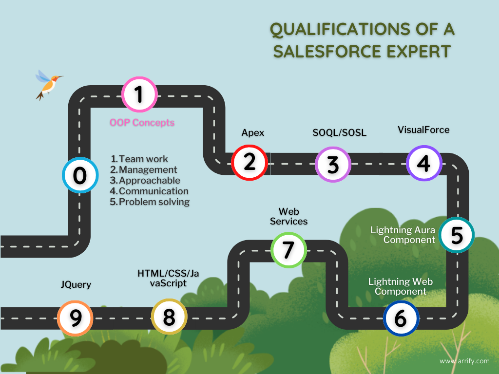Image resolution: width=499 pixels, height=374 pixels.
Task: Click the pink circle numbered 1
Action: pos(139,94)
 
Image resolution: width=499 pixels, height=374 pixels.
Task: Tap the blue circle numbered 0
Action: pos(80,175)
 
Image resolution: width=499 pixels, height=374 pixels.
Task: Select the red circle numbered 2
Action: pos(249,162)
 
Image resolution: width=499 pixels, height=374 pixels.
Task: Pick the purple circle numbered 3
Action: pos(333,164)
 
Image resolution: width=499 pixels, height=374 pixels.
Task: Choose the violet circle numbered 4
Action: pos(424,163)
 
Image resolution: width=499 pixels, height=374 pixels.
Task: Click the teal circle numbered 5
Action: pos(457,235)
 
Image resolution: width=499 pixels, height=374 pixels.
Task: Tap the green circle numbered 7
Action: pos(288,250)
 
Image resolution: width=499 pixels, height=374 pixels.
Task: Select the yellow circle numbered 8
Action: pos(169,317)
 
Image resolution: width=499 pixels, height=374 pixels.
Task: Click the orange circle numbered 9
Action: pos(76,318)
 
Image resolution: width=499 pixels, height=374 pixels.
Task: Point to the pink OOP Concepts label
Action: pos(142,122)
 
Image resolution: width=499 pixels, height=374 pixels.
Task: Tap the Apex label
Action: pos(253,132)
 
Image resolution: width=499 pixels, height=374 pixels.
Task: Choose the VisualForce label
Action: pos(423,130)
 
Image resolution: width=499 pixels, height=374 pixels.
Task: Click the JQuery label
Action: pos(76,284)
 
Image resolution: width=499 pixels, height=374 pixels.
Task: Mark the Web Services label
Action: pos(289,216)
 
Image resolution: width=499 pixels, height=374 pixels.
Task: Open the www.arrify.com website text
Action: pos(464,361)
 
